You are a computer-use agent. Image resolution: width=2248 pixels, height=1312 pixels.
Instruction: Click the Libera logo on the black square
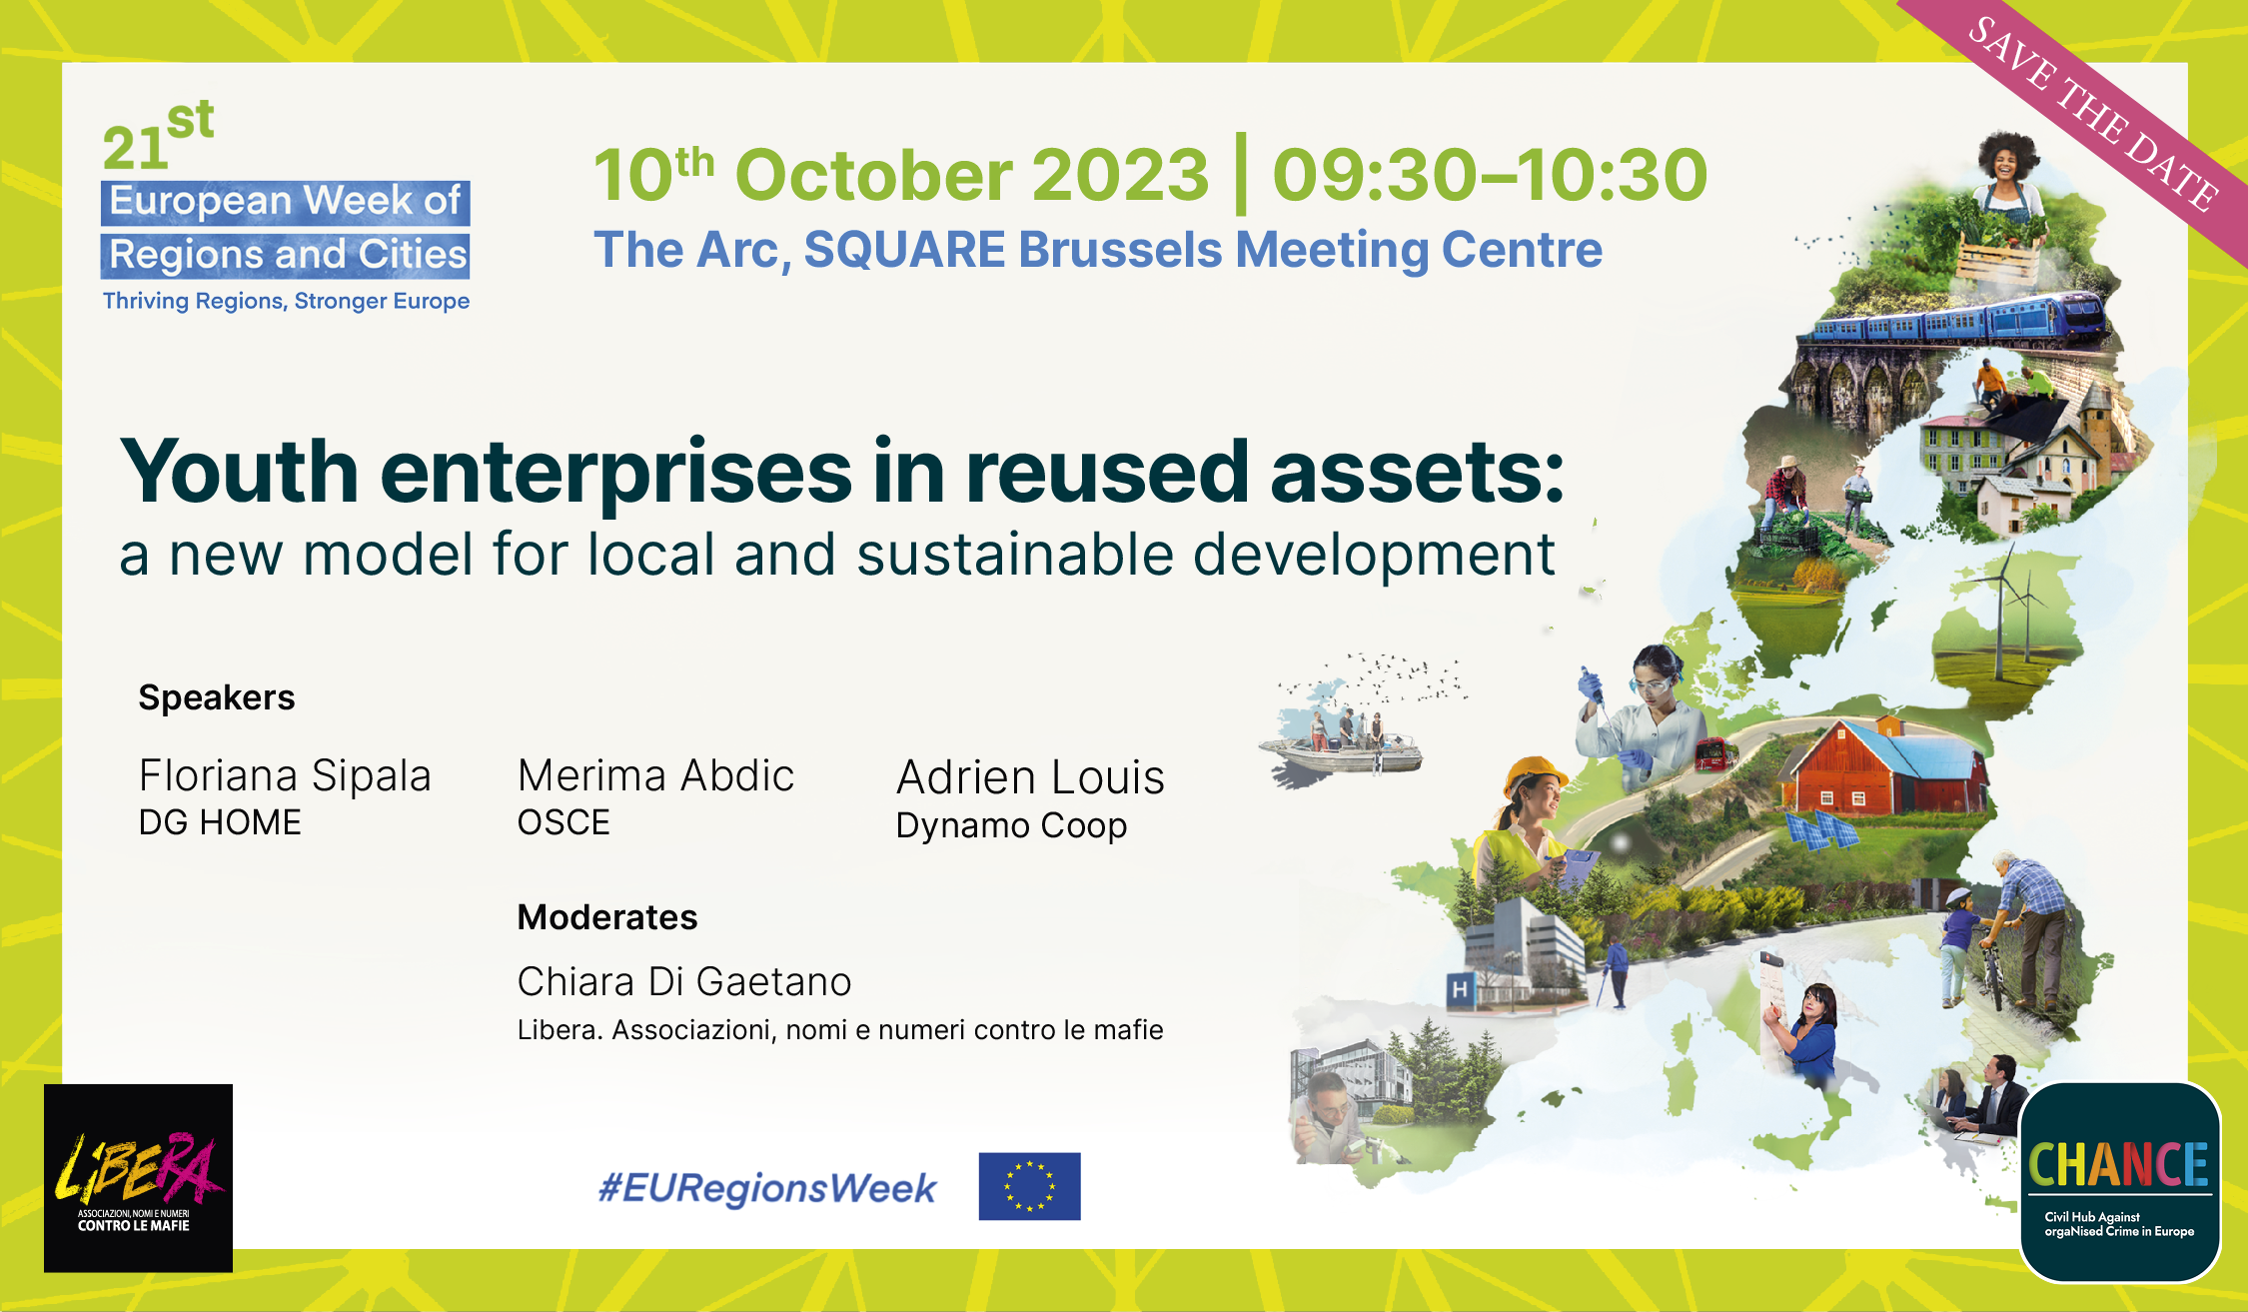138,1177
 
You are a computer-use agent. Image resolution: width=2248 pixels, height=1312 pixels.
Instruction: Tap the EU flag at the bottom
1029,1186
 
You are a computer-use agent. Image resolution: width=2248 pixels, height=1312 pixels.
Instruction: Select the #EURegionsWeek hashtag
767,1188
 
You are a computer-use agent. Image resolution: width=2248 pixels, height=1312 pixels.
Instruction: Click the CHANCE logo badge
2119,1181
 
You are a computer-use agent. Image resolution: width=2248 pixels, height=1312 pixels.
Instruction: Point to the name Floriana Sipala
285,775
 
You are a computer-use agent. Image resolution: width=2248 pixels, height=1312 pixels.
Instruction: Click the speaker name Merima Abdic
655,775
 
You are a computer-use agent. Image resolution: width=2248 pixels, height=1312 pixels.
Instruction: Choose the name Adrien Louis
1030,777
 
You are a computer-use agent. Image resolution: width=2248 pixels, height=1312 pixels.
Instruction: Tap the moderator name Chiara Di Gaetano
684,982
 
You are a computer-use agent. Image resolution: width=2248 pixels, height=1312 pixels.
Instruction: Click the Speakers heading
217,697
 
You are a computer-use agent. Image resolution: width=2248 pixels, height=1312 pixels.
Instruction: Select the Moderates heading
607,917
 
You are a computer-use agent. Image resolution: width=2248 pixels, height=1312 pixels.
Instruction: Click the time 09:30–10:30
1490,175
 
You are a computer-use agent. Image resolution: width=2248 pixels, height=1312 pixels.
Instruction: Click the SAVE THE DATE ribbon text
2093,114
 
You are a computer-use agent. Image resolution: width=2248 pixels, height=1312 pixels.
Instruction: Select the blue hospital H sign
1461,989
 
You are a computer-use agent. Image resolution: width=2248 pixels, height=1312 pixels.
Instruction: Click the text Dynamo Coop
1011,826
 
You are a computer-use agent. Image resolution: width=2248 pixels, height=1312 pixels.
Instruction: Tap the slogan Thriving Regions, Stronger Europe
286,301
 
